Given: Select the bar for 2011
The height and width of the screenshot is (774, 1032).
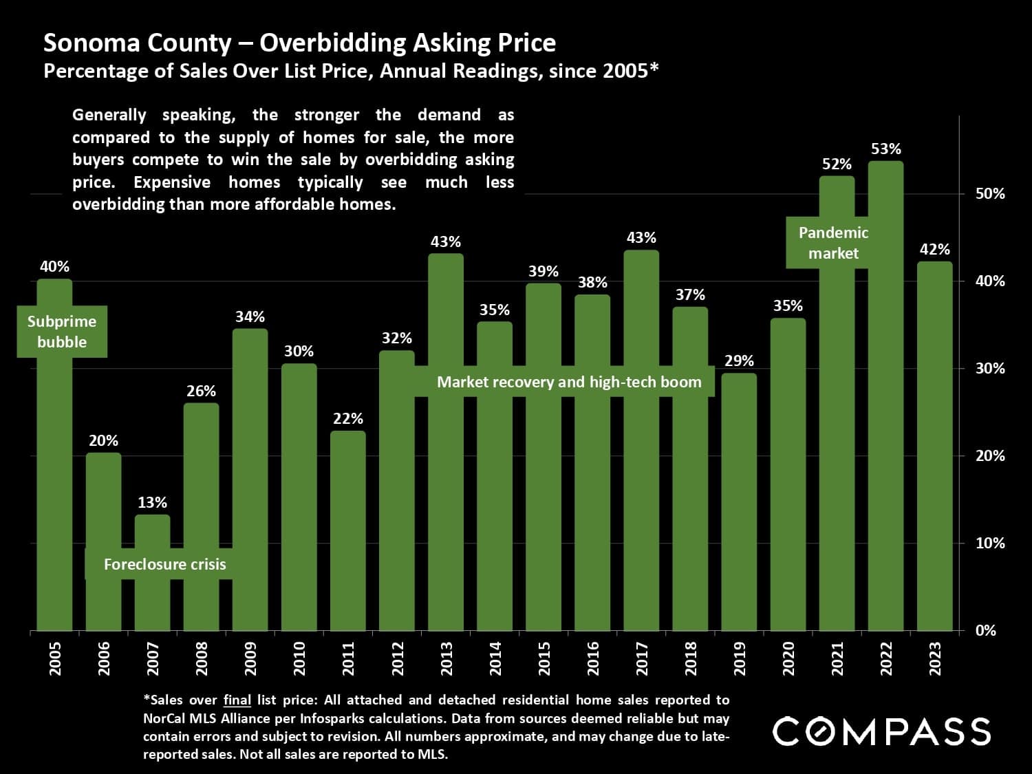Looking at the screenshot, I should [348, 530].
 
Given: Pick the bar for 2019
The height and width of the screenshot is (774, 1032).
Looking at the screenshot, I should [739, 502].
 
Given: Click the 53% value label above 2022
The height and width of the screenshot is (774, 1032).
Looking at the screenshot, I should [885, 149].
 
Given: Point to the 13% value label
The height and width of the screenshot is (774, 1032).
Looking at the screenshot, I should [152, 502].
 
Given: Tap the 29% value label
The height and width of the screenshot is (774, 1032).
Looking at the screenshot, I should [739, 361].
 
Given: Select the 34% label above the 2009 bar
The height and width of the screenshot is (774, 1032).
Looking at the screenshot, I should [250, 316].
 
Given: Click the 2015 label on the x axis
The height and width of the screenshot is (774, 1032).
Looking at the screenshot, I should [544, 658].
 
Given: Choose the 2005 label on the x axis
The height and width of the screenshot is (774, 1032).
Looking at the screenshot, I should [55, 658].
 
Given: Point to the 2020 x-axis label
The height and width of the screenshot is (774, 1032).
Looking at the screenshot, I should [788, 658].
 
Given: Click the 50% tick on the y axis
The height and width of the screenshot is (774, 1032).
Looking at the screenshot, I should [990, 193].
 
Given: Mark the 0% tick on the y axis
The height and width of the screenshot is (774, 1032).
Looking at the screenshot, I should [985, 630].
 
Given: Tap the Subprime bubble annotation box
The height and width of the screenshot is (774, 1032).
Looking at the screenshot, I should [62, 332].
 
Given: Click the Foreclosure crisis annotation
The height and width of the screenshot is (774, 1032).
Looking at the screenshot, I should [164, 564].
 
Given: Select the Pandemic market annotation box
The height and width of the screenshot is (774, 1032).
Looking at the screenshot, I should [833, 243].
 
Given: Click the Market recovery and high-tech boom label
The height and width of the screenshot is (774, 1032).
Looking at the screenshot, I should [569, 382].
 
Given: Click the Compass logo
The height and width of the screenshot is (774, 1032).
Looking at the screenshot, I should [881, 731].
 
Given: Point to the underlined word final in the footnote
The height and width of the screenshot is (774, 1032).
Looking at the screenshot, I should [237, 700].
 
